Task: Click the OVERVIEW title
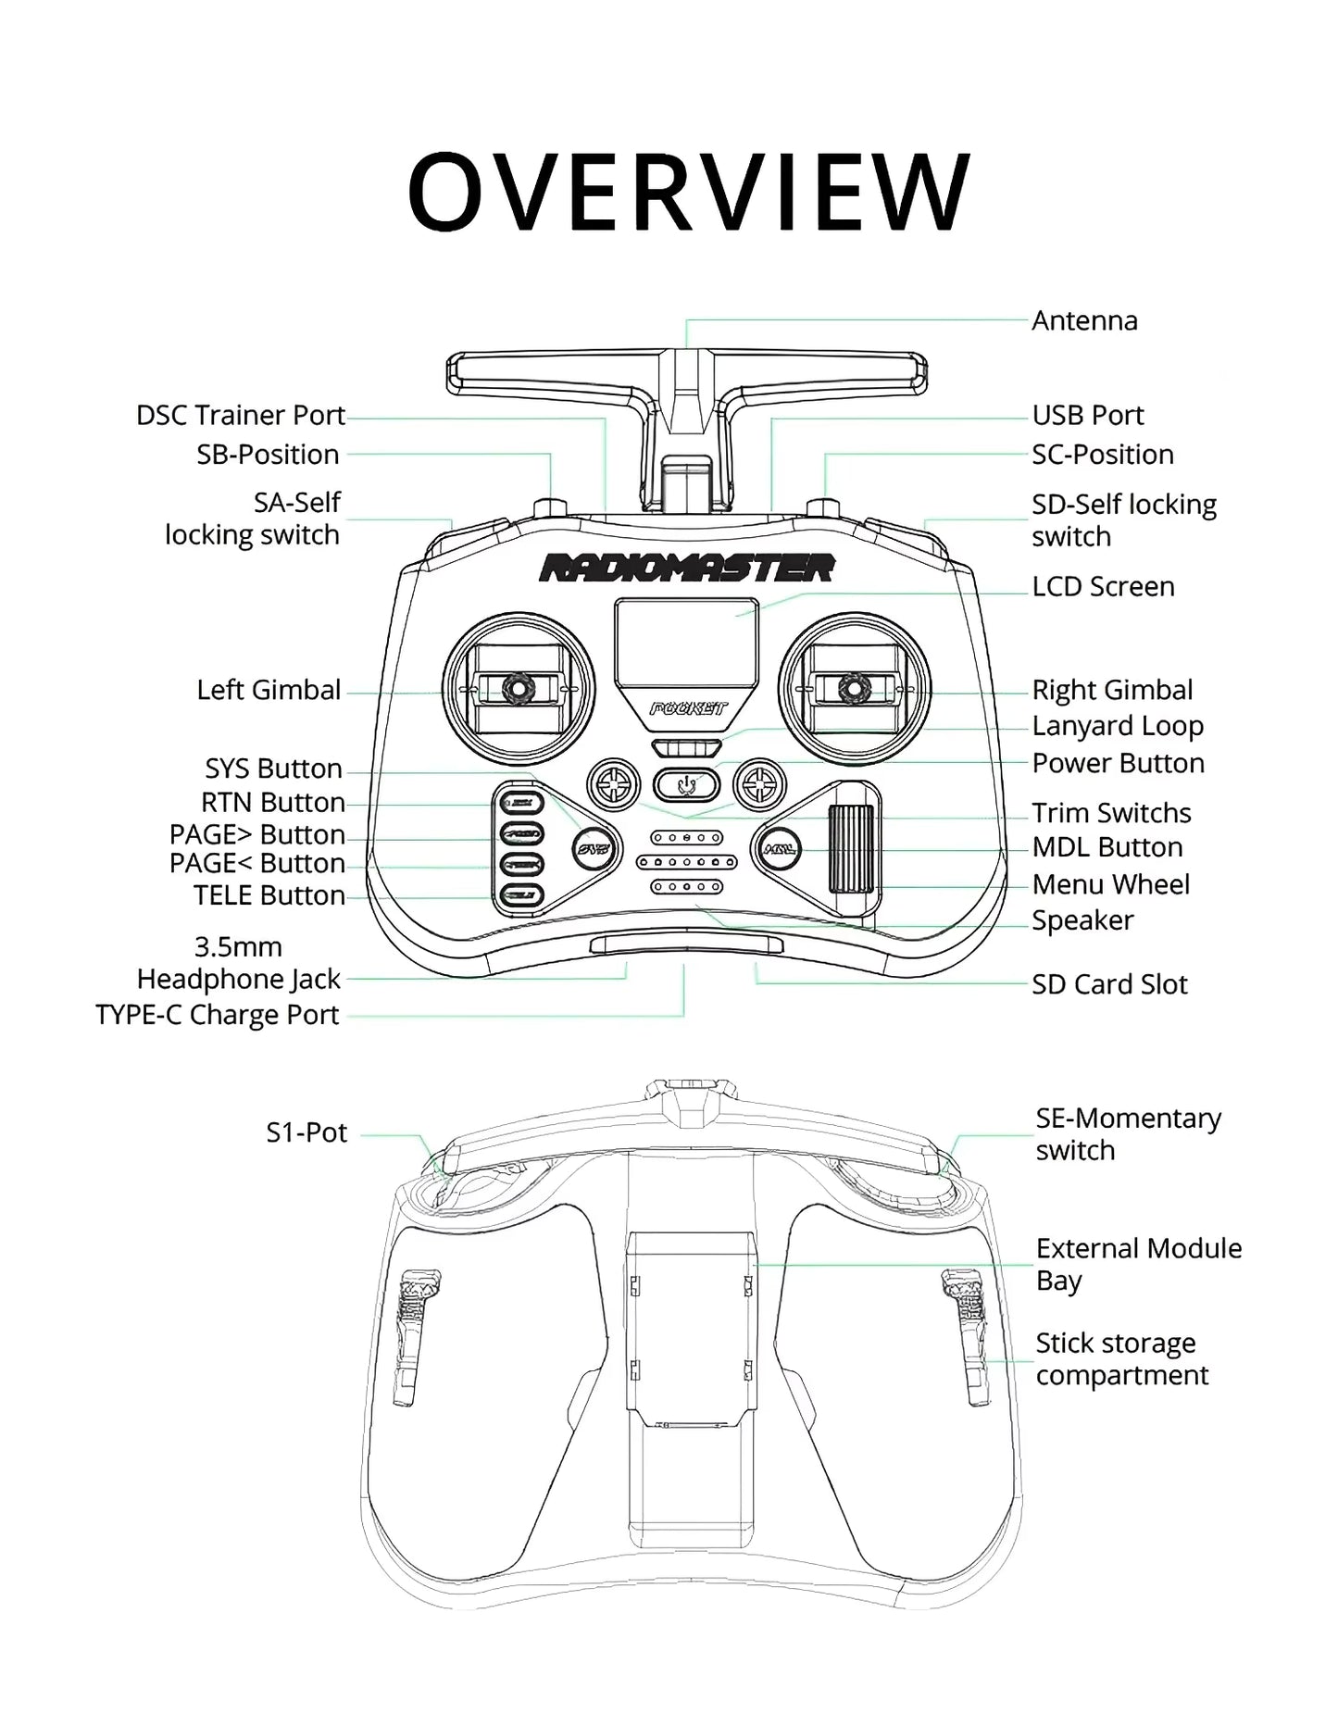pyautogui.click(x=689, y=192)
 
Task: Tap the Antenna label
pyautogui.click(x=1084, y=321)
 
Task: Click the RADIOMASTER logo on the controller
pyautogui.click(x=686, y=568)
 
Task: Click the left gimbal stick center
pyautogui.click(x=515, y=688)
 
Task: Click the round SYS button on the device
pyautogui.click(x=592, y=847)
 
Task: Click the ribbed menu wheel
pyautogui.click(x=851, y=848)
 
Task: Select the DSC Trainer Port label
pyautogui.click(x=241, y=416)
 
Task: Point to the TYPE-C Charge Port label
pyautogui.click(x=218, y=1015)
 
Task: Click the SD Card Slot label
pyautogui.click(x=1109, y=984)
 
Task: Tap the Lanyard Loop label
pyautogui.click(x=1118, y=727)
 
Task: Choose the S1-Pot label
pyautogui.click(x=306, y=1133)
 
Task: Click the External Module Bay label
pyautogui.click(x=1138, y=1264)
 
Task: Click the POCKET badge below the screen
pyautogui.click(x=687, y=709)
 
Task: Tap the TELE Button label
pyautogui.click(x=269, y=896)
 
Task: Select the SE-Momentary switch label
pyautogui.click(x=1128, y=1134)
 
